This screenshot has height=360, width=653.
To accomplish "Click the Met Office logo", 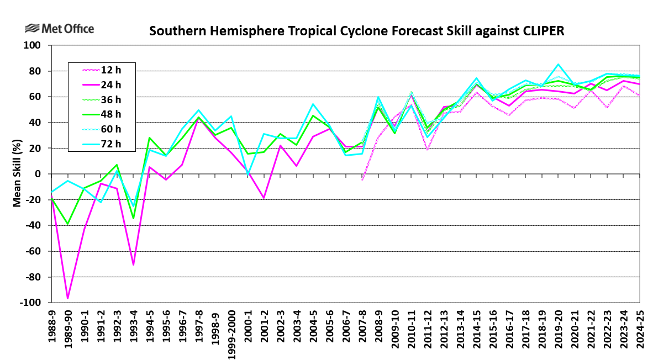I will [60, 29].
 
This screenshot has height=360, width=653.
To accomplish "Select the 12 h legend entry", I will [111, 70].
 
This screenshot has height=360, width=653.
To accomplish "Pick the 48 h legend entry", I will [111, 114].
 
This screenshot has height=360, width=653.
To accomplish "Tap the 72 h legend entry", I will [111, 144].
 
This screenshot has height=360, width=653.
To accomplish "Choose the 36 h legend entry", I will [111, 99].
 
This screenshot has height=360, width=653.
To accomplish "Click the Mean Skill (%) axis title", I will [17, 174].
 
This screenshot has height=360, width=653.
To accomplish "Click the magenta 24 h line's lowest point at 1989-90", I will [68, 298].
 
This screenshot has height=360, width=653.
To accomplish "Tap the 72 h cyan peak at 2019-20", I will [558, 64].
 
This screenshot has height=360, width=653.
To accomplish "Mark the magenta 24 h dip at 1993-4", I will [133, 264].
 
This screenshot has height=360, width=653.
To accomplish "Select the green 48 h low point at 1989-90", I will [68, 224].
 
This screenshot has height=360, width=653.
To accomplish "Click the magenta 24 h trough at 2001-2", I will [264, 198].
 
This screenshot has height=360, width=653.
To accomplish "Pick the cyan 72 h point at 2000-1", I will [247, 174].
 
